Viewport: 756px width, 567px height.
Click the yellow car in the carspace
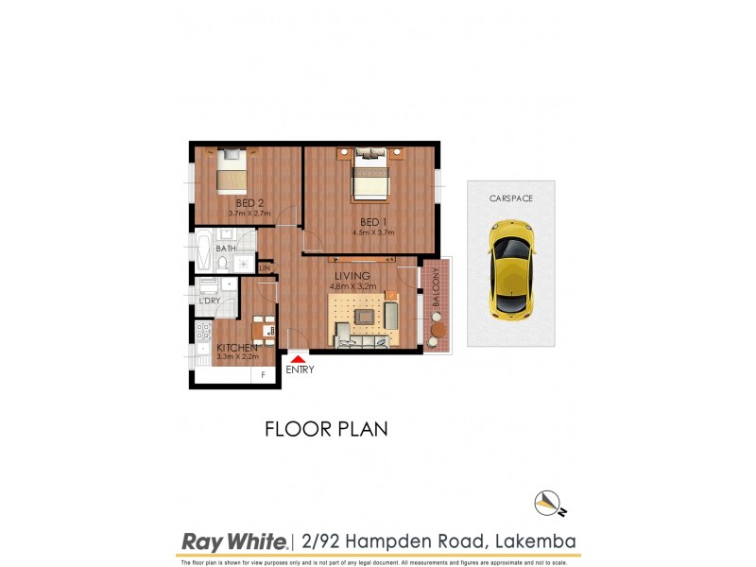(510, 269)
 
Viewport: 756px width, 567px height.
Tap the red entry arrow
(298, 358)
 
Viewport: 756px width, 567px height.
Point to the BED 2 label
(249, 202)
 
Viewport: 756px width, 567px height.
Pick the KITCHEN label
(237, 347)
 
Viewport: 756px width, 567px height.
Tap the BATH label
(226, 249)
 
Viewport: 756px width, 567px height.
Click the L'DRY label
(210, 300)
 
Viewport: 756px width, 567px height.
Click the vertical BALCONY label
(436, 292)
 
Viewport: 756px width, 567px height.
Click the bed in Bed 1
(371, 178)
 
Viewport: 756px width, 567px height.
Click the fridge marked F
(263, 376)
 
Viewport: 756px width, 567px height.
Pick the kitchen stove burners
(202, 332)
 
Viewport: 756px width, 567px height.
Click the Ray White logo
(233, 542)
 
